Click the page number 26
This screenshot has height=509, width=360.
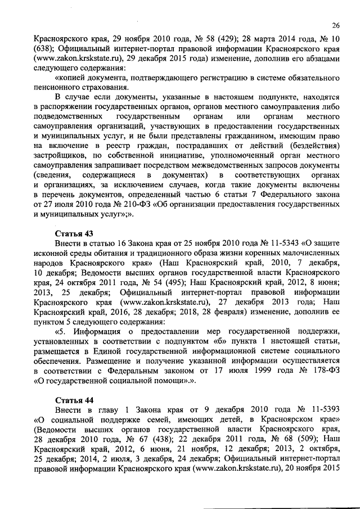pyautogui.click(x=336, y=25)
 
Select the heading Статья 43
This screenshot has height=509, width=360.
pyautogui.click(x=74, y=233)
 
